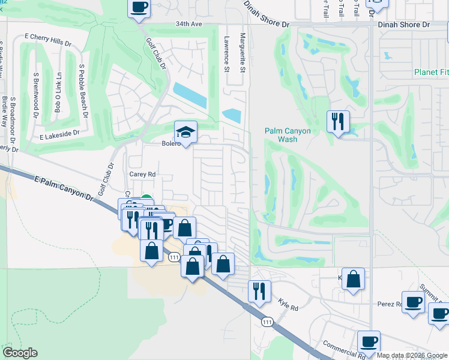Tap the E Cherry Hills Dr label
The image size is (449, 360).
47,36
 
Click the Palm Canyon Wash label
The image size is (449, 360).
281,135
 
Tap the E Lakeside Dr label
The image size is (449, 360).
59,136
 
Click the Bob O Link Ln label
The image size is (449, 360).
58,93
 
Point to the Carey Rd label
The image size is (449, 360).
142,174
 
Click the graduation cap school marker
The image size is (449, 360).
186,133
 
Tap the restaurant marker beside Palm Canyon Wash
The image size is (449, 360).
338,121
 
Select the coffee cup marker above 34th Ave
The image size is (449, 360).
139,8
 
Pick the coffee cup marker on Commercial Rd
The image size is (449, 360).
369,341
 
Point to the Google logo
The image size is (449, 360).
20,353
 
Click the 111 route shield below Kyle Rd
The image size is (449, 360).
267,322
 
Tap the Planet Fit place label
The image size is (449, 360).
431,73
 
